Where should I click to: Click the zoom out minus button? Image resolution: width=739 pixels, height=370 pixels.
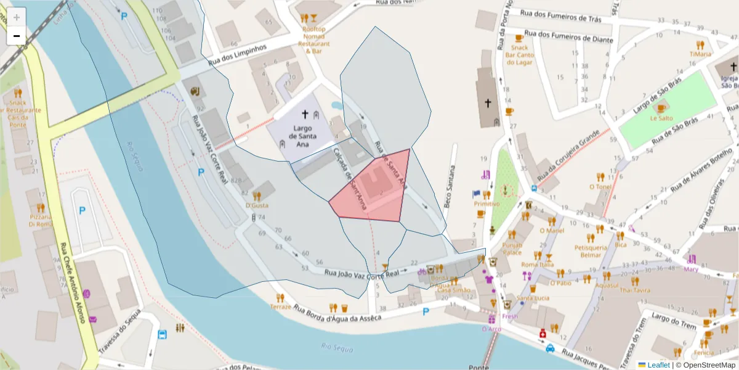click(17, 36)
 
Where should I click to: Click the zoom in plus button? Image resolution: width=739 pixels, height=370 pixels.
click(17, 17)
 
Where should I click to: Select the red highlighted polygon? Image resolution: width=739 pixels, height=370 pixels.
click(373, 191)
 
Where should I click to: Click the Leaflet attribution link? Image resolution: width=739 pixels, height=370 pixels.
click(658, 364)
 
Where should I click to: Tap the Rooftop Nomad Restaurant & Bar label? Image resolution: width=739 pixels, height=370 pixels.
click(314, 39)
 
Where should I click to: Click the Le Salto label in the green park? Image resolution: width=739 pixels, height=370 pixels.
click(661, 117)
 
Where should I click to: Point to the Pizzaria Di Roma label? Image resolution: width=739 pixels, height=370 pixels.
click(41, 220)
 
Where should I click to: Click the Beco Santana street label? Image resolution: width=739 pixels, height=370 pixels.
click(451, 185)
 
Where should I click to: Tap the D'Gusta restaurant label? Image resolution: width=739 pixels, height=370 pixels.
click(257, 205)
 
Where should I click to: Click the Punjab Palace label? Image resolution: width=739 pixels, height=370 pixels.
click(512, 248)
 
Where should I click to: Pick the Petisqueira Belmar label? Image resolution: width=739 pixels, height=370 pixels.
click(588, 250)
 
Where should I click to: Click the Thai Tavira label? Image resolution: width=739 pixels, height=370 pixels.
click(635, 290)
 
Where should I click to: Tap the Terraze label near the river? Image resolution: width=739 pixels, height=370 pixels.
click(280, 306)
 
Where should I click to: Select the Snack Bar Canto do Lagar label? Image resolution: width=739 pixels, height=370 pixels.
click(519, 55)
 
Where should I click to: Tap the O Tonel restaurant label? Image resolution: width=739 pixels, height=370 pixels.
click(600, 186)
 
